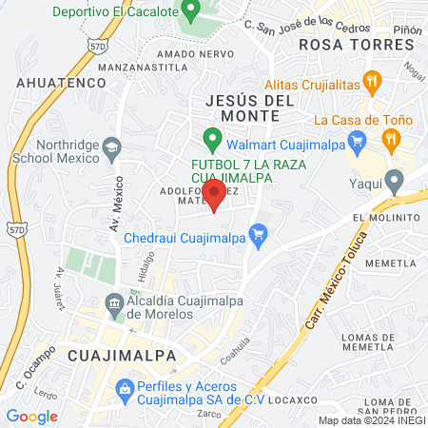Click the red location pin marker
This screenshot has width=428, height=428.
pyautogui.click(x=214, y=194)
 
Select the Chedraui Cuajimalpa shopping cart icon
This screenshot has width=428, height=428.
pyautogui.click(x=256, y=233)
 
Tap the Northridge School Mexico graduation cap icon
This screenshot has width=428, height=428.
pyautogui.click(x=112, y=146)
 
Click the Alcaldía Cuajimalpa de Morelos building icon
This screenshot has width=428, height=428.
pyautogui.click(x=115, y=302)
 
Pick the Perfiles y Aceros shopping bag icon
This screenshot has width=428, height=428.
pyautogui.click(x=125, y=388)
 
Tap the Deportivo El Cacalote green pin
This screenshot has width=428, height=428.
pyautogui.click(x=189, y=12)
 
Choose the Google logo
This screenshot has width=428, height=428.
pyautogui.click(x=31, y=416)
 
